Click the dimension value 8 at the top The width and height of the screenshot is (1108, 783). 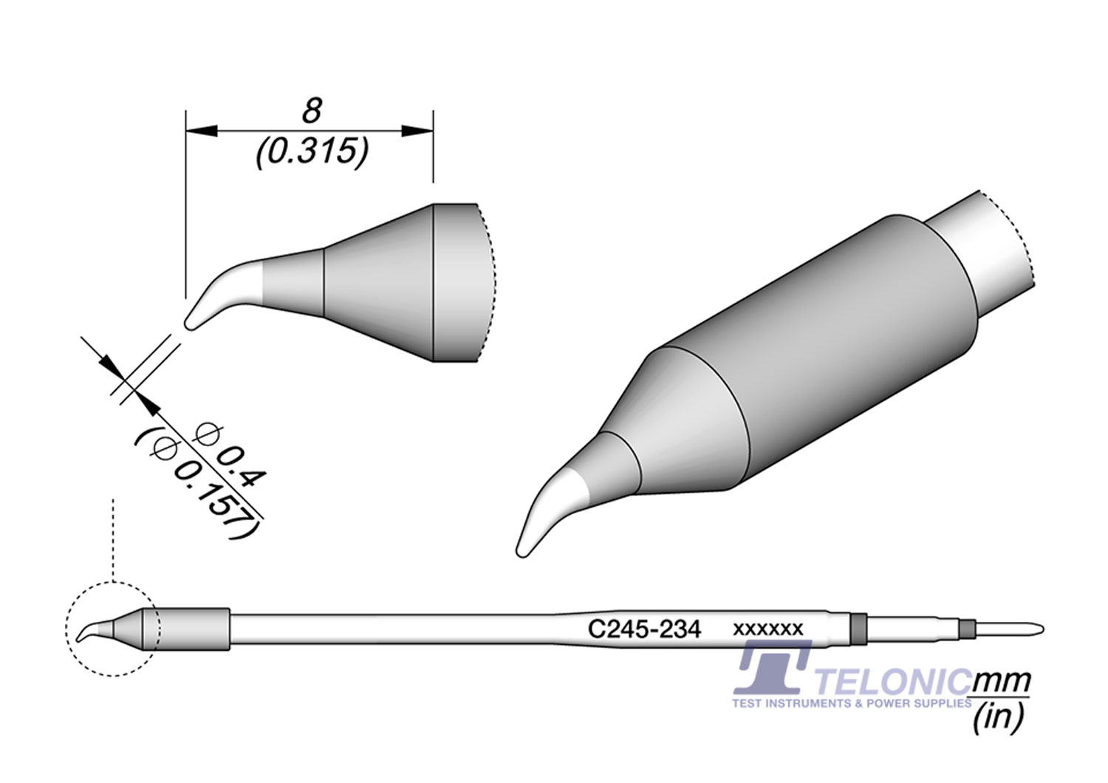pos(312,112)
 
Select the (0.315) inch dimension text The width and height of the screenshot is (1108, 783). pos(311,152)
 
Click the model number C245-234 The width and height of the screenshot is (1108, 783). pos(644,629)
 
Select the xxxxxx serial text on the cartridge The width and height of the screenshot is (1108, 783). pos(767,629)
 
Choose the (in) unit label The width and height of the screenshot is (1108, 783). pos(999,717)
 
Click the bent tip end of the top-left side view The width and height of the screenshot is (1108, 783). pos(189,324)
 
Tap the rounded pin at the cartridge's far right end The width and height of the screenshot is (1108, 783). pos(1030,629)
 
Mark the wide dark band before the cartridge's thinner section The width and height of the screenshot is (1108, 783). pos(858,629)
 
